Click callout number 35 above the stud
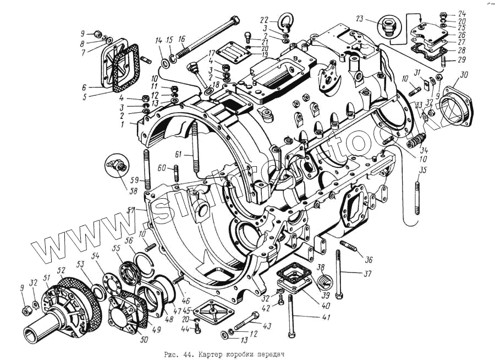pyautogui.click(x=421, y=170)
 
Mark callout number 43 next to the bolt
pyautogui.click(x=267, y=326)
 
